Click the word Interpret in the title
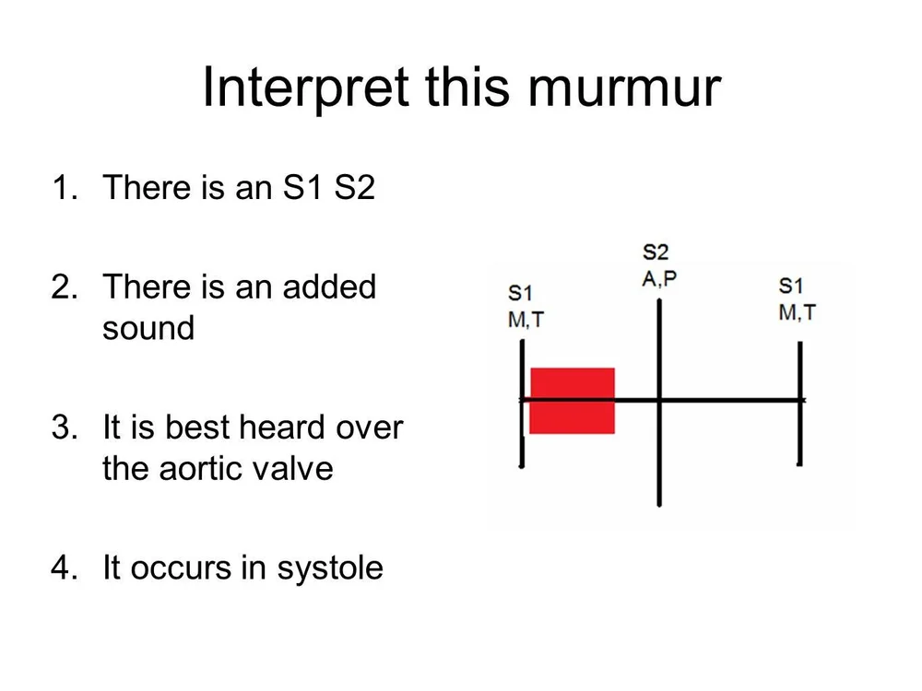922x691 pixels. [x=304, y=88]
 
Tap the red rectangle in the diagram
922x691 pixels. [x=573, y=401]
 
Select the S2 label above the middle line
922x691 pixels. [x=655, y=252]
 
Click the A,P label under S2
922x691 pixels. [x=658, y=277]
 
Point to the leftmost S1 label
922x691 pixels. [x=520, y=294]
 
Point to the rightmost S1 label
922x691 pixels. [x=791, y=285]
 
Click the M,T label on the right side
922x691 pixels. [x=797, y=312]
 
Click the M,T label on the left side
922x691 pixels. [x=526, y=321]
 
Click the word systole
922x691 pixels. [x=329, y=568]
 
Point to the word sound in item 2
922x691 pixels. [x=148, y=329]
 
